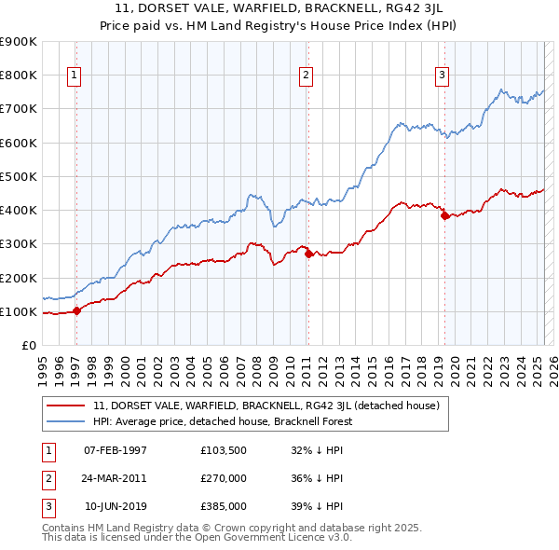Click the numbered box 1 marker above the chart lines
tap(74, 76)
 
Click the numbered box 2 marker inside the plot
tap(306, 76)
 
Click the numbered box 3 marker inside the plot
tap(442, 76)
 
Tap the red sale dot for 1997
tap(76, 311)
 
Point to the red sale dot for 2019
tap(444, 215)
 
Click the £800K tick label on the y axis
tap(19, 75)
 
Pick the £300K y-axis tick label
tap(19, 244)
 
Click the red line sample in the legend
tap(66, 406)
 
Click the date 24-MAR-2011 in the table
tap(116, 478)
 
